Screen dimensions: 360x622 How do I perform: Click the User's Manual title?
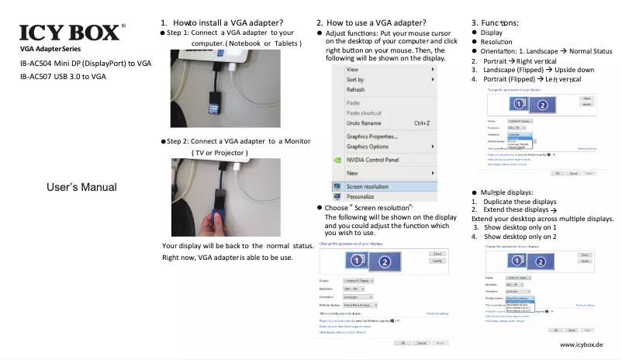tap(81, 187)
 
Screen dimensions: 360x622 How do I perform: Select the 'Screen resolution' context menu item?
tap(367, 186)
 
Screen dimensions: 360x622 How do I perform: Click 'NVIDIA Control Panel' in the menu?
tap(372, 160)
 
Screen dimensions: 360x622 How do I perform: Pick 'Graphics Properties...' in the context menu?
tap(372, 137)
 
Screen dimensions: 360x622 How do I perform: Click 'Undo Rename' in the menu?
tap(364, 123)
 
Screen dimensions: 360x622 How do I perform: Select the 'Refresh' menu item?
tap(355, 90)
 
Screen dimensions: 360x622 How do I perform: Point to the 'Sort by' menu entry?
tap(355, 79)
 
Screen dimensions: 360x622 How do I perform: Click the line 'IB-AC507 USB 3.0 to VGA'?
tap(63, 76)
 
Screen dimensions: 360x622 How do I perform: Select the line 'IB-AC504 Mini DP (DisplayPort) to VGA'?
tap(85, 62)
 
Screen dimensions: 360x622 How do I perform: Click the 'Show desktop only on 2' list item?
tap(520, 237)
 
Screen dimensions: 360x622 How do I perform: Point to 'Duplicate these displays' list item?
tap(519, 201)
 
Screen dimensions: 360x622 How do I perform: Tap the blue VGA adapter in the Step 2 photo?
tap(216, 211)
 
